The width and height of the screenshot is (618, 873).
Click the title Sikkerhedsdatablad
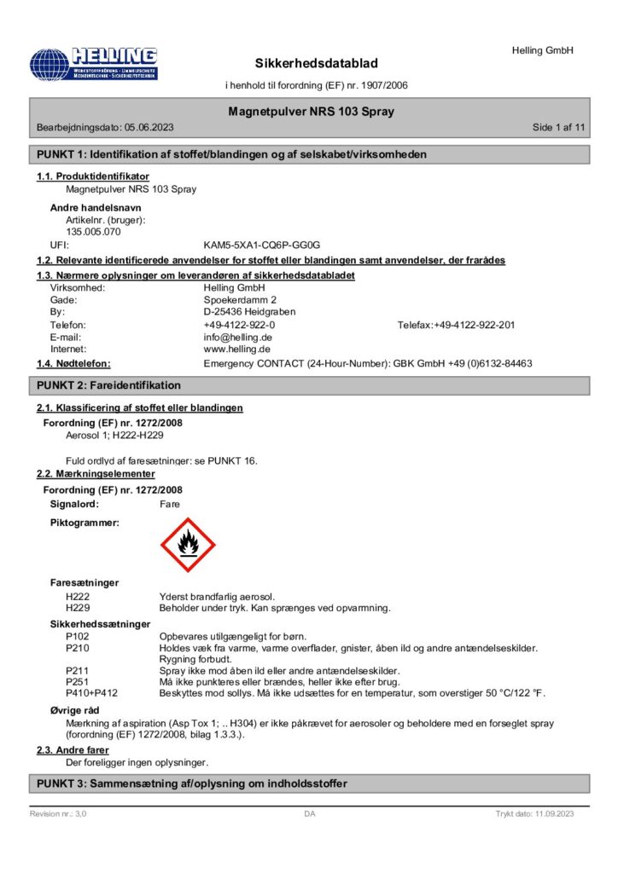(x=316, y=64)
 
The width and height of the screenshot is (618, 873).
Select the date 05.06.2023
(x=149, y=127)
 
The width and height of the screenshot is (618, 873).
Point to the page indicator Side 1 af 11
(x=558, y=127)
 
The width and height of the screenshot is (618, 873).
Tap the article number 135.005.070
(x=93, y=231)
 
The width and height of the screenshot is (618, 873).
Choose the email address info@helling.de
(x=237, y=337)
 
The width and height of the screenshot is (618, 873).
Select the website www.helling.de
(x=237, y=349)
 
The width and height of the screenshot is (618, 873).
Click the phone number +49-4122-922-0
(x=239, y=325)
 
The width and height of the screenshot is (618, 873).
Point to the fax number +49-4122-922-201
(x=474, y=325)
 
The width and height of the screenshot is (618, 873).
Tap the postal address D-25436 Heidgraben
(x=249, y=312)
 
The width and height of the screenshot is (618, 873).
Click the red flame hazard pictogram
(x=188, y=545)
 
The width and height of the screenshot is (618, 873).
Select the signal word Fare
(x=170, y=504)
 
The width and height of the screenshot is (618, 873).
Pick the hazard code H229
(x=78, y=608)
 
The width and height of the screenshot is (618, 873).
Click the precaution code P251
(x=78, y=681)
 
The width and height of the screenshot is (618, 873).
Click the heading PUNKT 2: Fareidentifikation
(x=108, y=386)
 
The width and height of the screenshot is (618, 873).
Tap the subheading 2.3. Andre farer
(x=73, y=750)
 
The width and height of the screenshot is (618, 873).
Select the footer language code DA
(x=310, y=814)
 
